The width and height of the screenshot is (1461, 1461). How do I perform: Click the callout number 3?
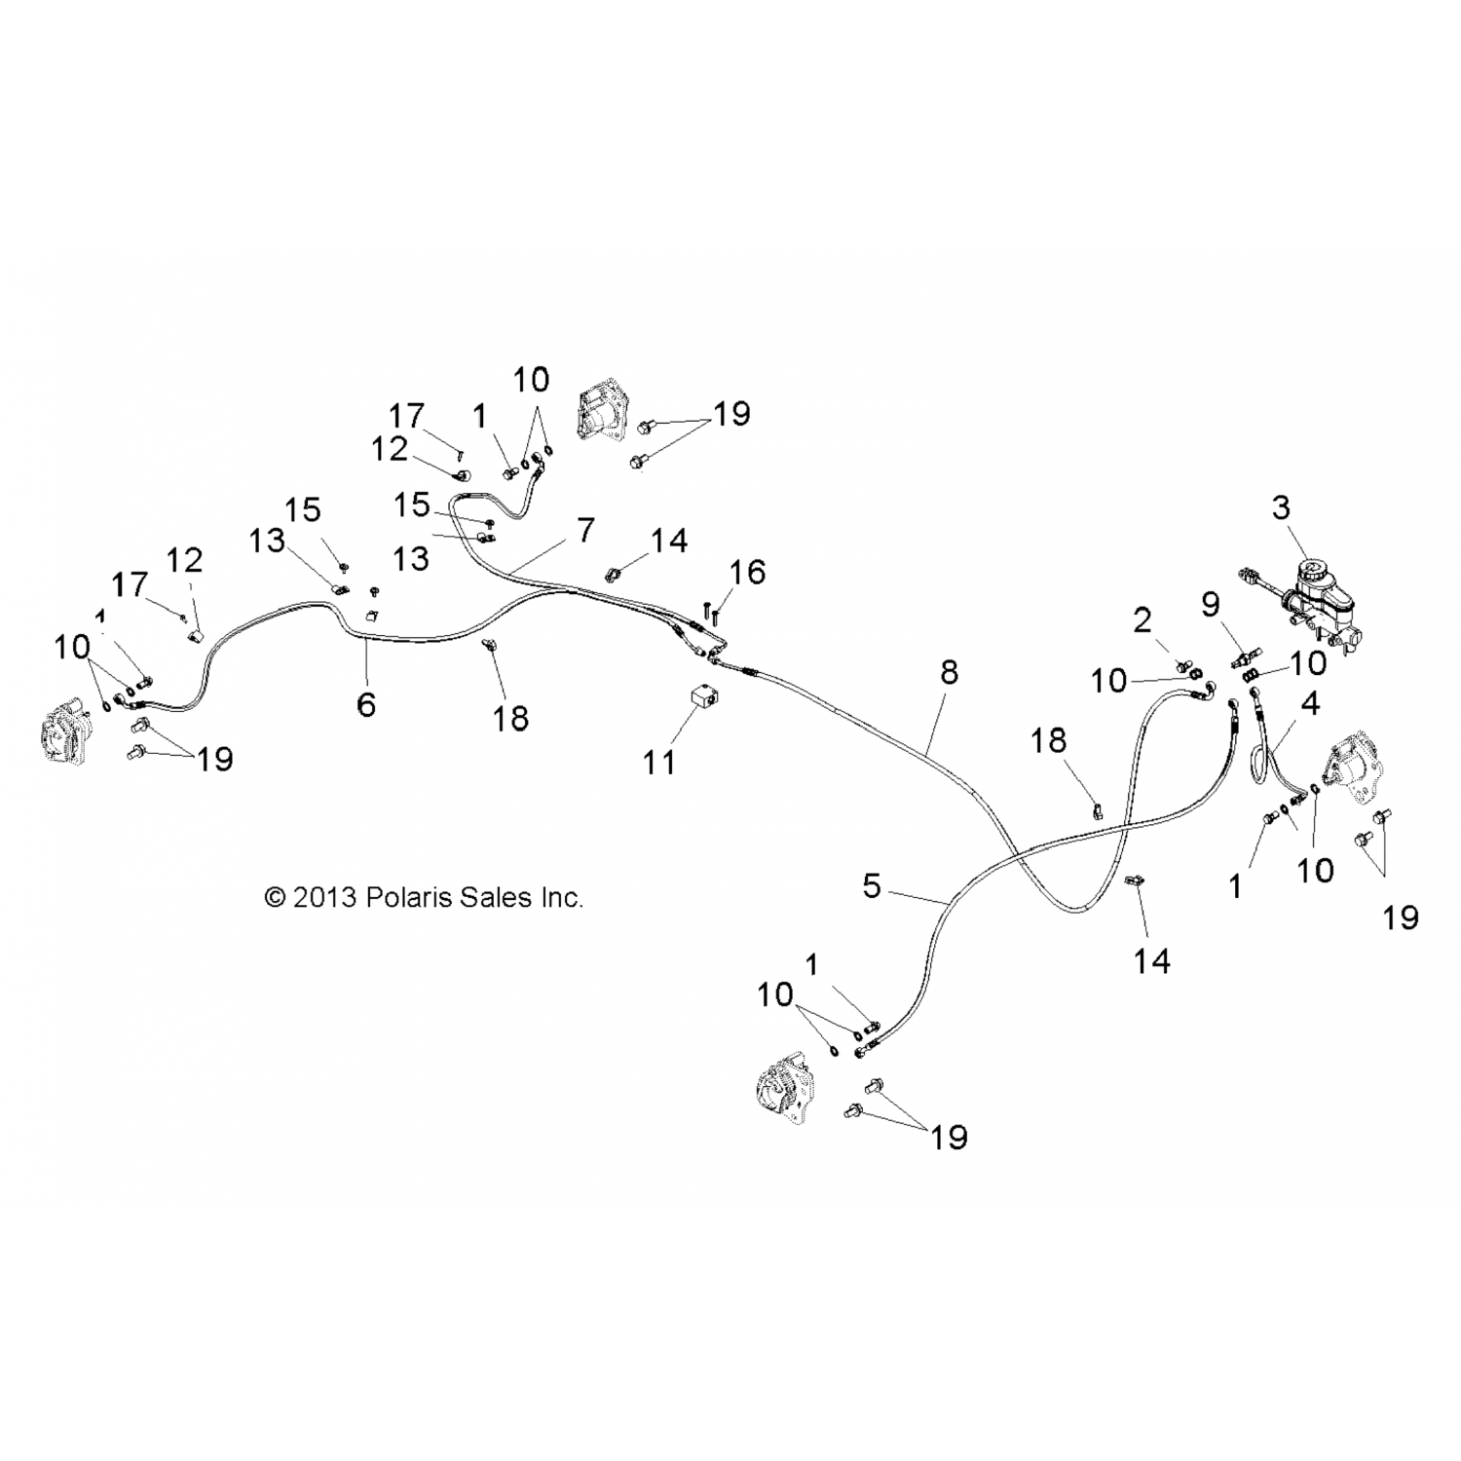pos(1281,507)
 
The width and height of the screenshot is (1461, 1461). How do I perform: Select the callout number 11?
pos(659,762)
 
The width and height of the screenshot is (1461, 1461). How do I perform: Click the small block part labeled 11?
pos(702,699)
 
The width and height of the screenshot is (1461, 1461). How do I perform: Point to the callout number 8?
pos(949,672)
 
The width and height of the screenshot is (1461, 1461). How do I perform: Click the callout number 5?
pos(872,886)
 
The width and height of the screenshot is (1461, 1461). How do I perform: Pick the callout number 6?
pos(366,704)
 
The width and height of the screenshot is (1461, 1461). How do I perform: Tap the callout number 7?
pos(585,531)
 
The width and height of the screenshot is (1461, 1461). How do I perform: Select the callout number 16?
pos(747,572)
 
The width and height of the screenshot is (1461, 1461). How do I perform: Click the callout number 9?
pos(1210,605)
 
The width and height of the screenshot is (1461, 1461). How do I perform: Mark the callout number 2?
pos(1143,619)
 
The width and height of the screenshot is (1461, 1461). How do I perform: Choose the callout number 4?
pos(1310,703)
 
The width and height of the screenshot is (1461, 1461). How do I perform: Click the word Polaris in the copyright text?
pos(403,897)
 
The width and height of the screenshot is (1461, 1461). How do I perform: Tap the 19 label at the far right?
pos(1401,918)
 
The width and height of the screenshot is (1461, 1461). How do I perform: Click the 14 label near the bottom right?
pos(1151,961)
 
